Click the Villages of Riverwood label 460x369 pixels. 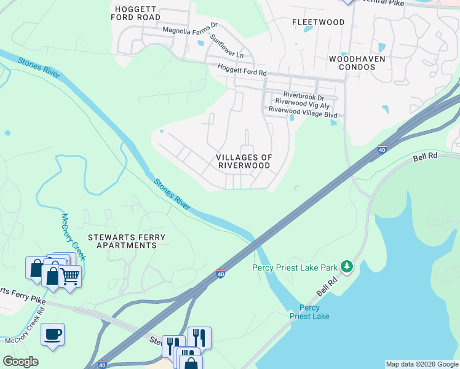244,162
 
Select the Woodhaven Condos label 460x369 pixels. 357,63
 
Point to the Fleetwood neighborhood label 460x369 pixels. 318,22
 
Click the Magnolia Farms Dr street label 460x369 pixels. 190,28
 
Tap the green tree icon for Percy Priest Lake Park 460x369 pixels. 347,266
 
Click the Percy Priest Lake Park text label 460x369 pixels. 295,268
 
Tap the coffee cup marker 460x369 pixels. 52,334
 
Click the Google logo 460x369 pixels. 20,362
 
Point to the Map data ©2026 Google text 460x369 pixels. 422,364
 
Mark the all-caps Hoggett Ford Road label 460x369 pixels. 136,13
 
